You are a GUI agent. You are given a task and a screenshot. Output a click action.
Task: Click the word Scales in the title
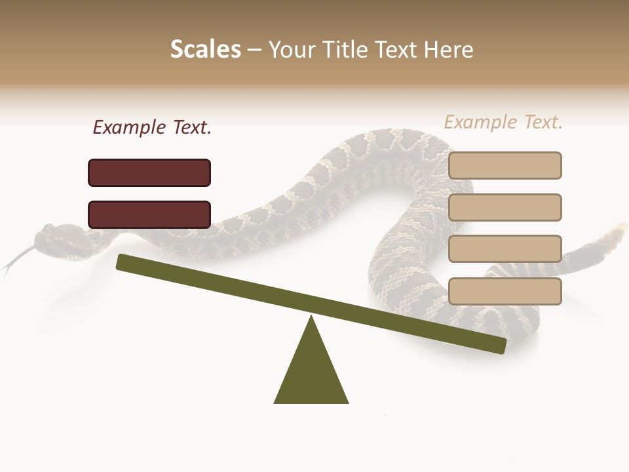[206, 49]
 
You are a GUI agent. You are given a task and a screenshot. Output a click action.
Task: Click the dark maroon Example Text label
[152, 128]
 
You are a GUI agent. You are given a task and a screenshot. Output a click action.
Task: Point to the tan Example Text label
[503, 122]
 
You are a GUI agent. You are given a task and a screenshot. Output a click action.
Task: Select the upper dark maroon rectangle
[149, 172]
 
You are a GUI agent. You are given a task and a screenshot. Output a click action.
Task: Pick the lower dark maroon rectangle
[149, 214]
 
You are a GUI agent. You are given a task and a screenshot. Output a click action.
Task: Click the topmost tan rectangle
[505, 165]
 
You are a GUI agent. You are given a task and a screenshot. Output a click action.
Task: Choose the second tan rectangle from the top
[505, 207]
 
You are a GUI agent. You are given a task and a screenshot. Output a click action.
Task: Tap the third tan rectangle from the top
[505, 248]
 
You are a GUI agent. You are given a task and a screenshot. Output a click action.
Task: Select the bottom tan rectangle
[505, 291]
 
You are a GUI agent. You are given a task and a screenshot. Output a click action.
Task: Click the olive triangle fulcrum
[311, 374]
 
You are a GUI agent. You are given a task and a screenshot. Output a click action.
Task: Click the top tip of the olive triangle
[311, 317]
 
